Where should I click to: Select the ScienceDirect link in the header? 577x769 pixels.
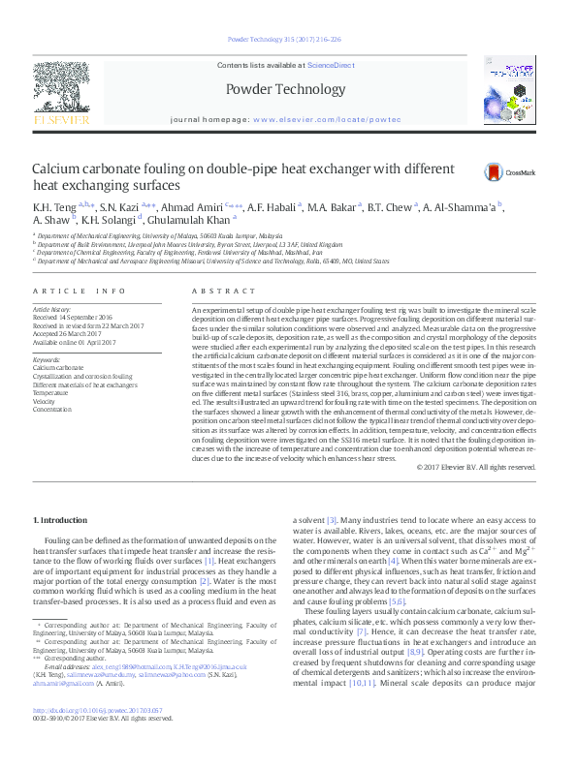(331, 64)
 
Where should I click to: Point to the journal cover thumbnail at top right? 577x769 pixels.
(511, 92)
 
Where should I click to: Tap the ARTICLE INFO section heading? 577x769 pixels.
(80, 291)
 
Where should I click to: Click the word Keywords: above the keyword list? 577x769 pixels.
(48, 359)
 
